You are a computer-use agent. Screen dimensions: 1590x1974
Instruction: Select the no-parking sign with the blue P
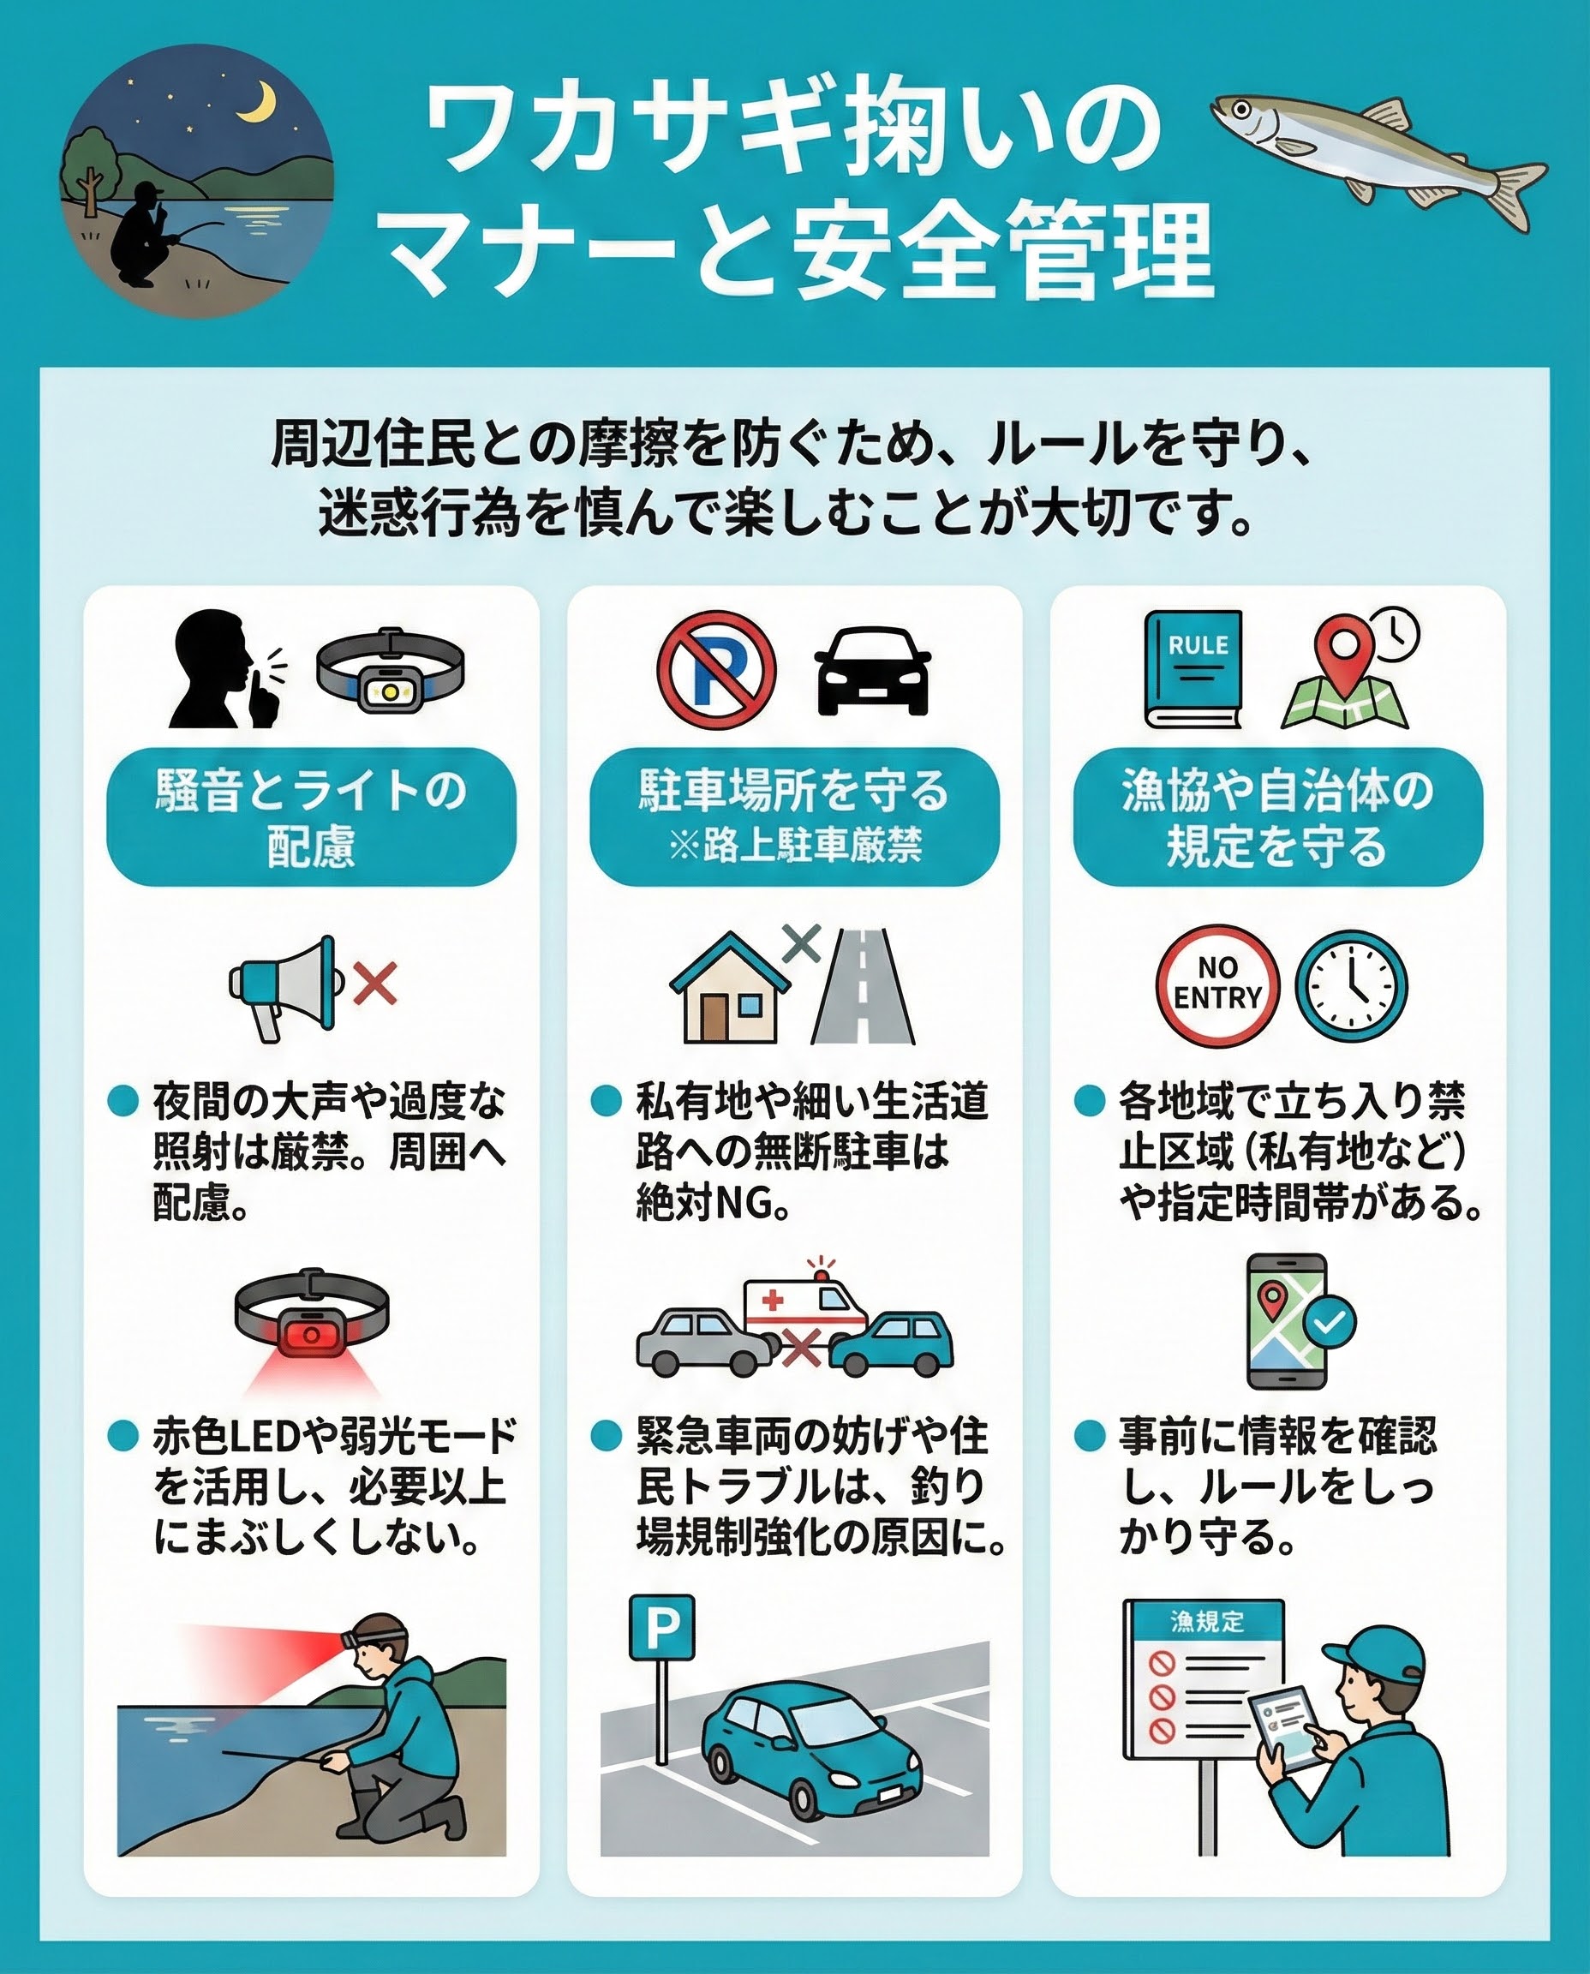tap(716, 670)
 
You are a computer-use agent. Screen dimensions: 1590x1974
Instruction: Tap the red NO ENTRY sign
tap(1217, 984)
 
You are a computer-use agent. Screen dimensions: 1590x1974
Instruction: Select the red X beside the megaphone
tap(376, 984)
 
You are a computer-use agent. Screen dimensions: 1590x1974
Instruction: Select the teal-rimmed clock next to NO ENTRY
tap(1351, 986)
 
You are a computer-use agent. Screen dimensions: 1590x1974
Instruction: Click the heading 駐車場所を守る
tap(793, 791)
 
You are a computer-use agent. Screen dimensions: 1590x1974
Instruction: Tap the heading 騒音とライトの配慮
tap(312, 818)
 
